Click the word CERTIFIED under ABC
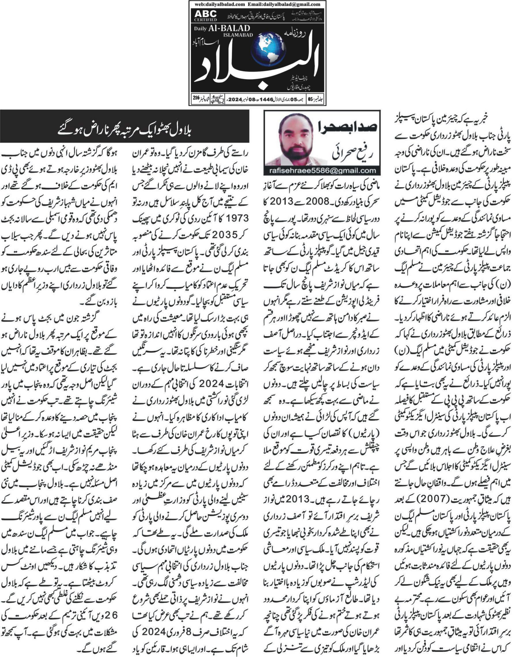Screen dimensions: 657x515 point(203,20)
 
